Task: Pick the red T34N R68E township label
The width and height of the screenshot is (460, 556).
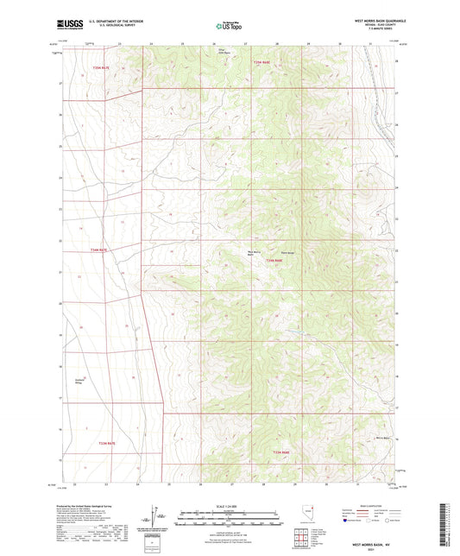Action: pyautogui.click(x=274, y=260)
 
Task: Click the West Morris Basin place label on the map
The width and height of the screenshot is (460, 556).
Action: pyautogui.click(x=249, y=253)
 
